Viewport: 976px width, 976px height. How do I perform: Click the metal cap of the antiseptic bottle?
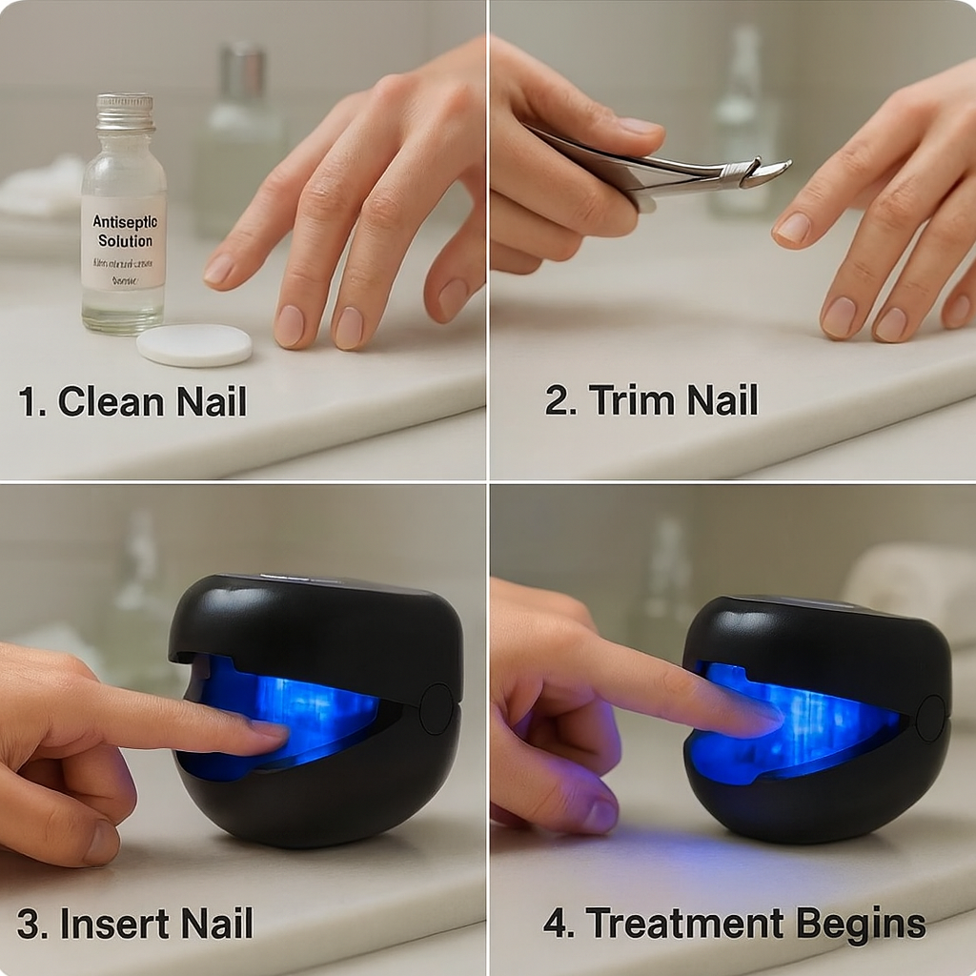(125, 112)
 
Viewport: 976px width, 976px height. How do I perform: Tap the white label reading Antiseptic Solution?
(123, 241)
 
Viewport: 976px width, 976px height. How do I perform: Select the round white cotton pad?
(193, 344)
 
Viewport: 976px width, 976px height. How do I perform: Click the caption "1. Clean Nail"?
(132, 401)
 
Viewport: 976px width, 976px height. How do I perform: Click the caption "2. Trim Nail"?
(651, 399)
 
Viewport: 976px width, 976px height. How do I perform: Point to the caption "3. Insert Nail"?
(134, 924)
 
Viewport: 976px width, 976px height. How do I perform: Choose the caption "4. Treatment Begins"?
(734, 924)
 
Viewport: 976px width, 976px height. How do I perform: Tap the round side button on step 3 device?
(437, 708)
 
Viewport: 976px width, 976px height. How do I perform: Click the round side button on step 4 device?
(930, 718)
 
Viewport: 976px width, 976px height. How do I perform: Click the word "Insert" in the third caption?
(104, 924)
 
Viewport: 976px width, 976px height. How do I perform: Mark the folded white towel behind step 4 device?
(910, 581)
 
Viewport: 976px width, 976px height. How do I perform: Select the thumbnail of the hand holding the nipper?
(640, 126)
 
